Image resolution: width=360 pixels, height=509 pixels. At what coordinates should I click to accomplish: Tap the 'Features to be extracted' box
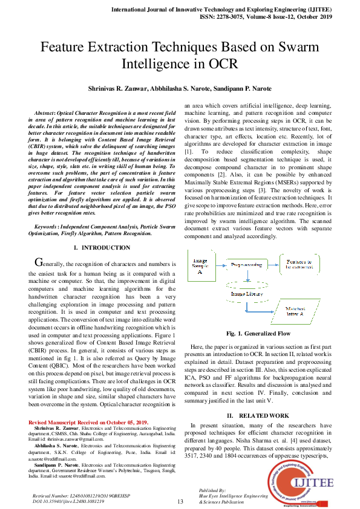[x=299, y=265]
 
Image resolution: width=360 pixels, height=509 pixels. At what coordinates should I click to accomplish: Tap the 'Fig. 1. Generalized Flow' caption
[x=258, y=333]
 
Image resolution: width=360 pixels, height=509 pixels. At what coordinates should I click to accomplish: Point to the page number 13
[x=180, y=502]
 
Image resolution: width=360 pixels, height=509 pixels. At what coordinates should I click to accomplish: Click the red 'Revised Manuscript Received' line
[x=88, y=422]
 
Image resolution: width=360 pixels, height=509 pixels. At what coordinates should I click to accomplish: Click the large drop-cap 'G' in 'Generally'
[x=40, y=263]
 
